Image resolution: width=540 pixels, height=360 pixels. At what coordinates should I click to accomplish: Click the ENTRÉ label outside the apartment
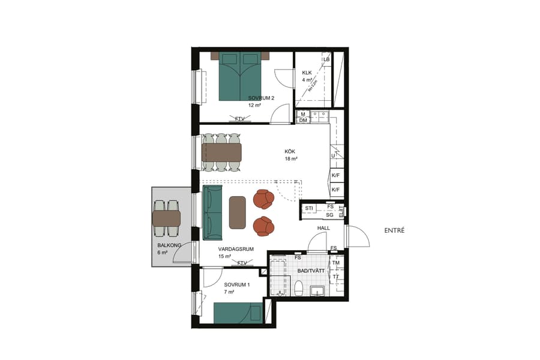pos(394,230)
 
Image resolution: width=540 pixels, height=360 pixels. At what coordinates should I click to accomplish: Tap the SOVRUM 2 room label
pos(261,98)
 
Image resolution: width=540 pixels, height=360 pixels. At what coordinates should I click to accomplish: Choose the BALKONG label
pos(166,245)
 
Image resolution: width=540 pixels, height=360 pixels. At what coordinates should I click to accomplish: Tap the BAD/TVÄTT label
pos(311,271)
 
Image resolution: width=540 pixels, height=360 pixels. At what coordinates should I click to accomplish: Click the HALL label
pos(324,229)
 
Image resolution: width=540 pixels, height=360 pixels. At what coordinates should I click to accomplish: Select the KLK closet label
pos(307,73)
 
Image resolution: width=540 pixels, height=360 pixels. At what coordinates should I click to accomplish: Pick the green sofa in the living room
pos(212,212)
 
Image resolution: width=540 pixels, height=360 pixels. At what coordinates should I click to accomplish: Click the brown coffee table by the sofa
pos(238,212)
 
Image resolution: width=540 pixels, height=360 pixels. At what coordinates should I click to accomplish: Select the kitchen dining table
pos(221,152)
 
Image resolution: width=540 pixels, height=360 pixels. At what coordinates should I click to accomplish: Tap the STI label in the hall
pos(310,208)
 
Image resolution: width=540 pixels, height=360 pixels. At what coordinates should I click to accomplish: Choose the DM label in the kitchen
pos(303,120)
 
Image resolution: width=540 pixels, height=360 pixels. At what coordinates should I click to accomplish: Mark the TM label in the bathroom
pos(336,263)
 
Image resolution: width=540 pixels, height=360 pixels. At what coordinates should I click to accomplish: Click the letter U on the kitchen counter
pos(333,156)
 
